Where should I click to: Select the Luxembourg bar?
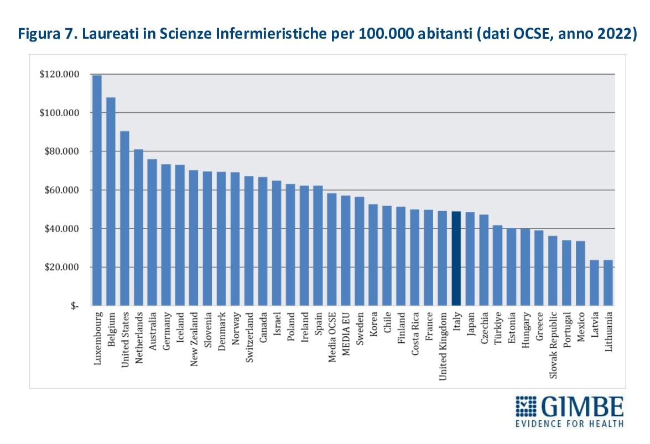[97, 190]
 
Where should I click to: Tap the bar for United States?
[124, 218]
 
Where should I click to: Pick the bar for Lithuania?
[608, 283]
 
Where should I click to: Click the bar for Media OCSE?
[332, 249]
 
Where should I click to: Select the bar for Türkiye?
[498, 265]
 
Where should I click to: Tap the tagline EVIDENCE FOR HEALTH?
[570, 424]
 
